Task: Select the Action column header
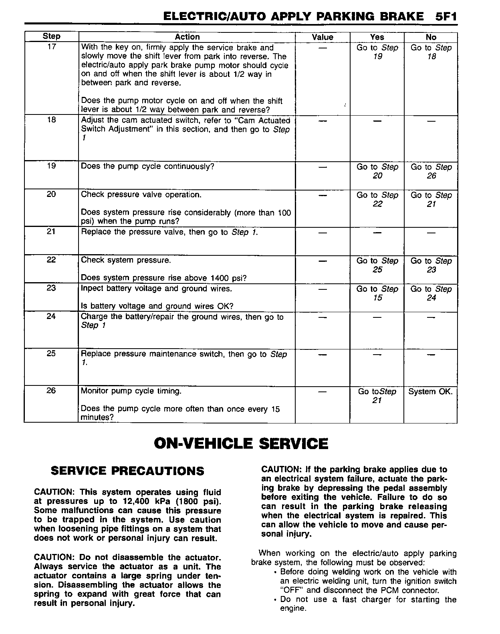187,37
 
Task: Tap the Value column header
323,37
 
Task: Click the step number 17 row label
52,46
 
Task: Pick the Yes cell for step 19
377,171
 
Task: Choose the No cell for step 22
431,265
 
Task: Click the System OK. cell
430,391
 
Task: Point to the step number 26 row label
51,391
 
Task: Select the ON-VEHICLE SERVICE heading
241,443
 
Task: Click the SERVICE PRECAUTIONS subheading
127,471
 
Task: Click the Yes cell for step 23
377,293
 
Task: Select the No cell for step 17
431,52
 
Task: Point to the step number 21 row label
51,231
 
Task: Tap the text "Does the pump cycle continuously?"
148,166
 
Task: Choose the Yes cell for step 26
377,395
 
